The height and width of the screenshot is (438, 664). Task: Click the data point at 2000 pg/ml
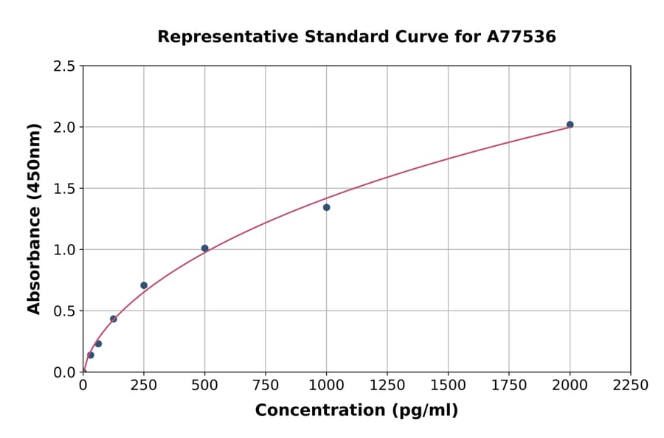pyautogui.click(x=570, y=125)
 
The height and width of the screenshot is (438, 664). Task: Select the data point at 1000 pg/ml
pyautogui.click(x=326, y=207)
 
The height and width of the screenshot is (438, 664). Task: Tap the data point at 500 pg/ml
pyautogui.click(x=204, y=248)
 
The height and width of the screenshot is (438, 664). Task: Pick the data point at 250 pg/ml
pyautogui.click(x=144, y=285)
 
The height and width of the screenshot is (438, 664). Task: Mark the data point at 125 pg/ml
pyautogui.click(x=113, y=319)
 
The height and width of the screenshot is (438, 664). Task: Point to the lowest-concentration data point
pyautogui.click(x=91, y=355)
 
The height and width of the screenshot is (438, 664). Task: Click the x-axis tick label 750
pyautogui.click(x=266, y=386)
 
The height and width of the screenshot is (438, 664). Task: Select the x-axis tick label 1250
pyautogui.click(x=387, y=386)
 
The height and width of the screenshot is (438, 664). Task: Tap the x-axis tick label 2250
pyautogui.click(x=631, y=386)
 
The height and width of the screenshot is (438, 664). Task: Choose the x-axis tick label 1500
pyautogui.click(x=448, y=386)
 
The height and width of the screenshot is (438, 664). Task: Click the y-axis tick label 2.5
pyautogui.click(x=64, y=66)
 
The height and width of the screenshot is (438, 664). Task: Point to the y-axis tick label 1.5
pyautogui.click(x=64, y=189)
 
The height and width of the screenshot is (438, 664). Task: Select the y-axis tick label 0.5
pyautogui.click(x=64, y=311)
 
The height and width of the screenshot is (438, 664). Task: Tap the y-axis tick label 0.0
pyautogui.click(x=64, y=372)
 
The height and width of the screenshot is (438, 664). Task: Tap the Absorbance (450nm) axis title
pyautogui.click(x=34, y=219)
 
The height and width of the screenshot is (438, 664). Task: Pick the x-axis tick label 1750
pyautogui.click(x=508, y=386)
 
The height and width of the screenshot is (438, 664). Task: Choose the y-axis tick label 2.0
pyautogui.click(x=64, y=128)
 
